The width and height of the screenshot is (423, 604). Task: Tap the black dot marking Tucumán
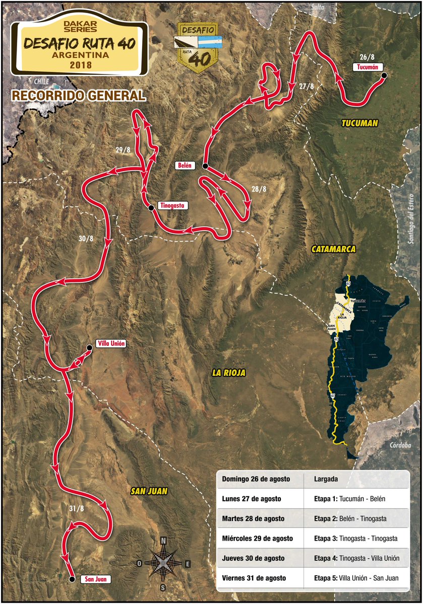click(x=384, y=75)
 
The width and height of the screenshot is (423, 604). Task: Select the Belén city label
click(x=184, y=165)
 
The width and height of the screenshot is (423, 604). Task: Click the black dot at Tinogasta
click(x=150, y=207)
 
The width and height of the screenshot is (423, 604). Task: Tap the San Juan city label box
click(x=95, y=579)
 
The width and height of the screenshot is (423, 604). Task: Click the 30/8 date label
click(x=86, y=239)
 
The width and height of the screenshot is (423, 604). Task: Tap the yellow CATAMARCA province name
click(x=334, y=249)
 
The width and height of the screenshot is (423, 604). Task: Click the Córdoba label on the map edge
click(x=400, y=445)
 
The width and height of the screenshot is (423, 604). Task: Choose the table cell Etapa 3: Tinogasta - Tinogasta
click(x=356, y=538)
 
